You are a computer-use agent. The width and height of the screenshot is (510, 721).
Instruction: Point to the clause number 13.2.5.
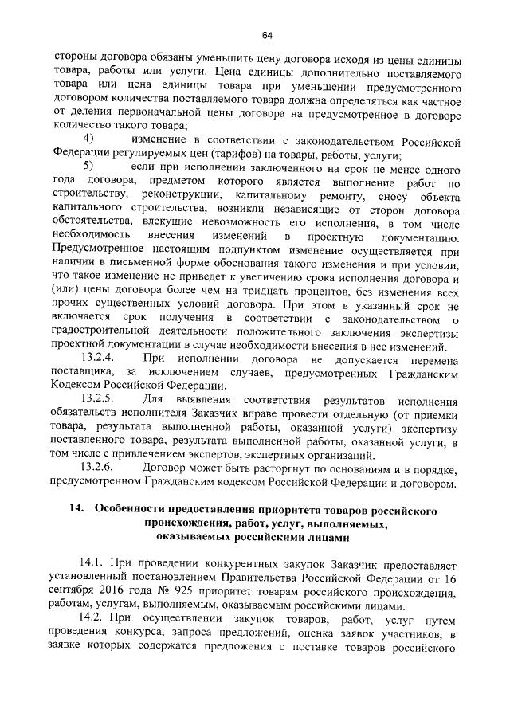pos(99,398)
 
